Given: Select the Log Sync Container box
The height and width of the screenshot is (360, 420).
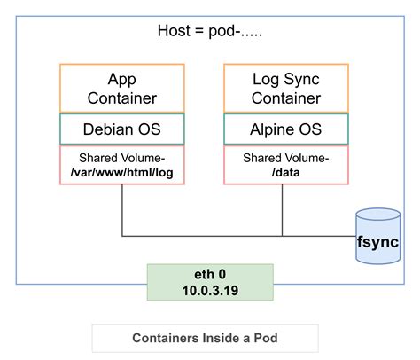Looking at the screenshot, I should (x=285, y=88).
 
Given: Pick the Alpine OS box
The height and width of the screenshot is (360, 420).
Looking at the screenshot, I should (x=285, y=129).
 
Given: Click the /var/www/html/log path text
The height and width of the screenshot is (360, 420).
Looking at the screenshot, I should (x=122, y=171).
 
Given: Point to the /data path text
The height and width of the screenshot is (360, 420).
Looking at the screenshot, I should (x=285, y=171).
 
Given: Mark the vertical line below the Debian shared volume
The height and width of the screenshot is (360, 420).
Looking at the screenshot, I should (x=121, y=210).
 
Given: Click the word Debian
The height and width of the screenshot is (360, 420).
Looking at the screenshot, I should (x=109, y=129).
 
